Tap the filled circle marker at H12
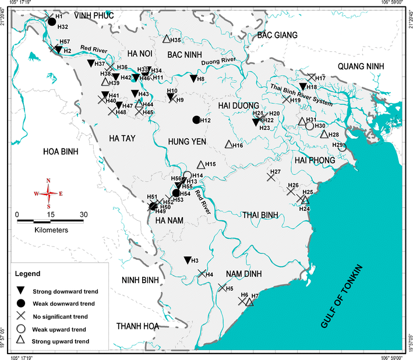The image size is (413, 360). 196,120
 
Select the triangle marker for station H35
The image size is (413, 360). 166,39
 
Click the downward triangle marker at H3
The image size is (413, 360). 187,260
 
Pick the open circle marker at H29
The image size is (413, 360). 342,147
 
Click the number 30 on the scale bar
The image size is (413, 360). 83,213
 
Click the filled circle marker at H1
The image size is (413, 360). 52,22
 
